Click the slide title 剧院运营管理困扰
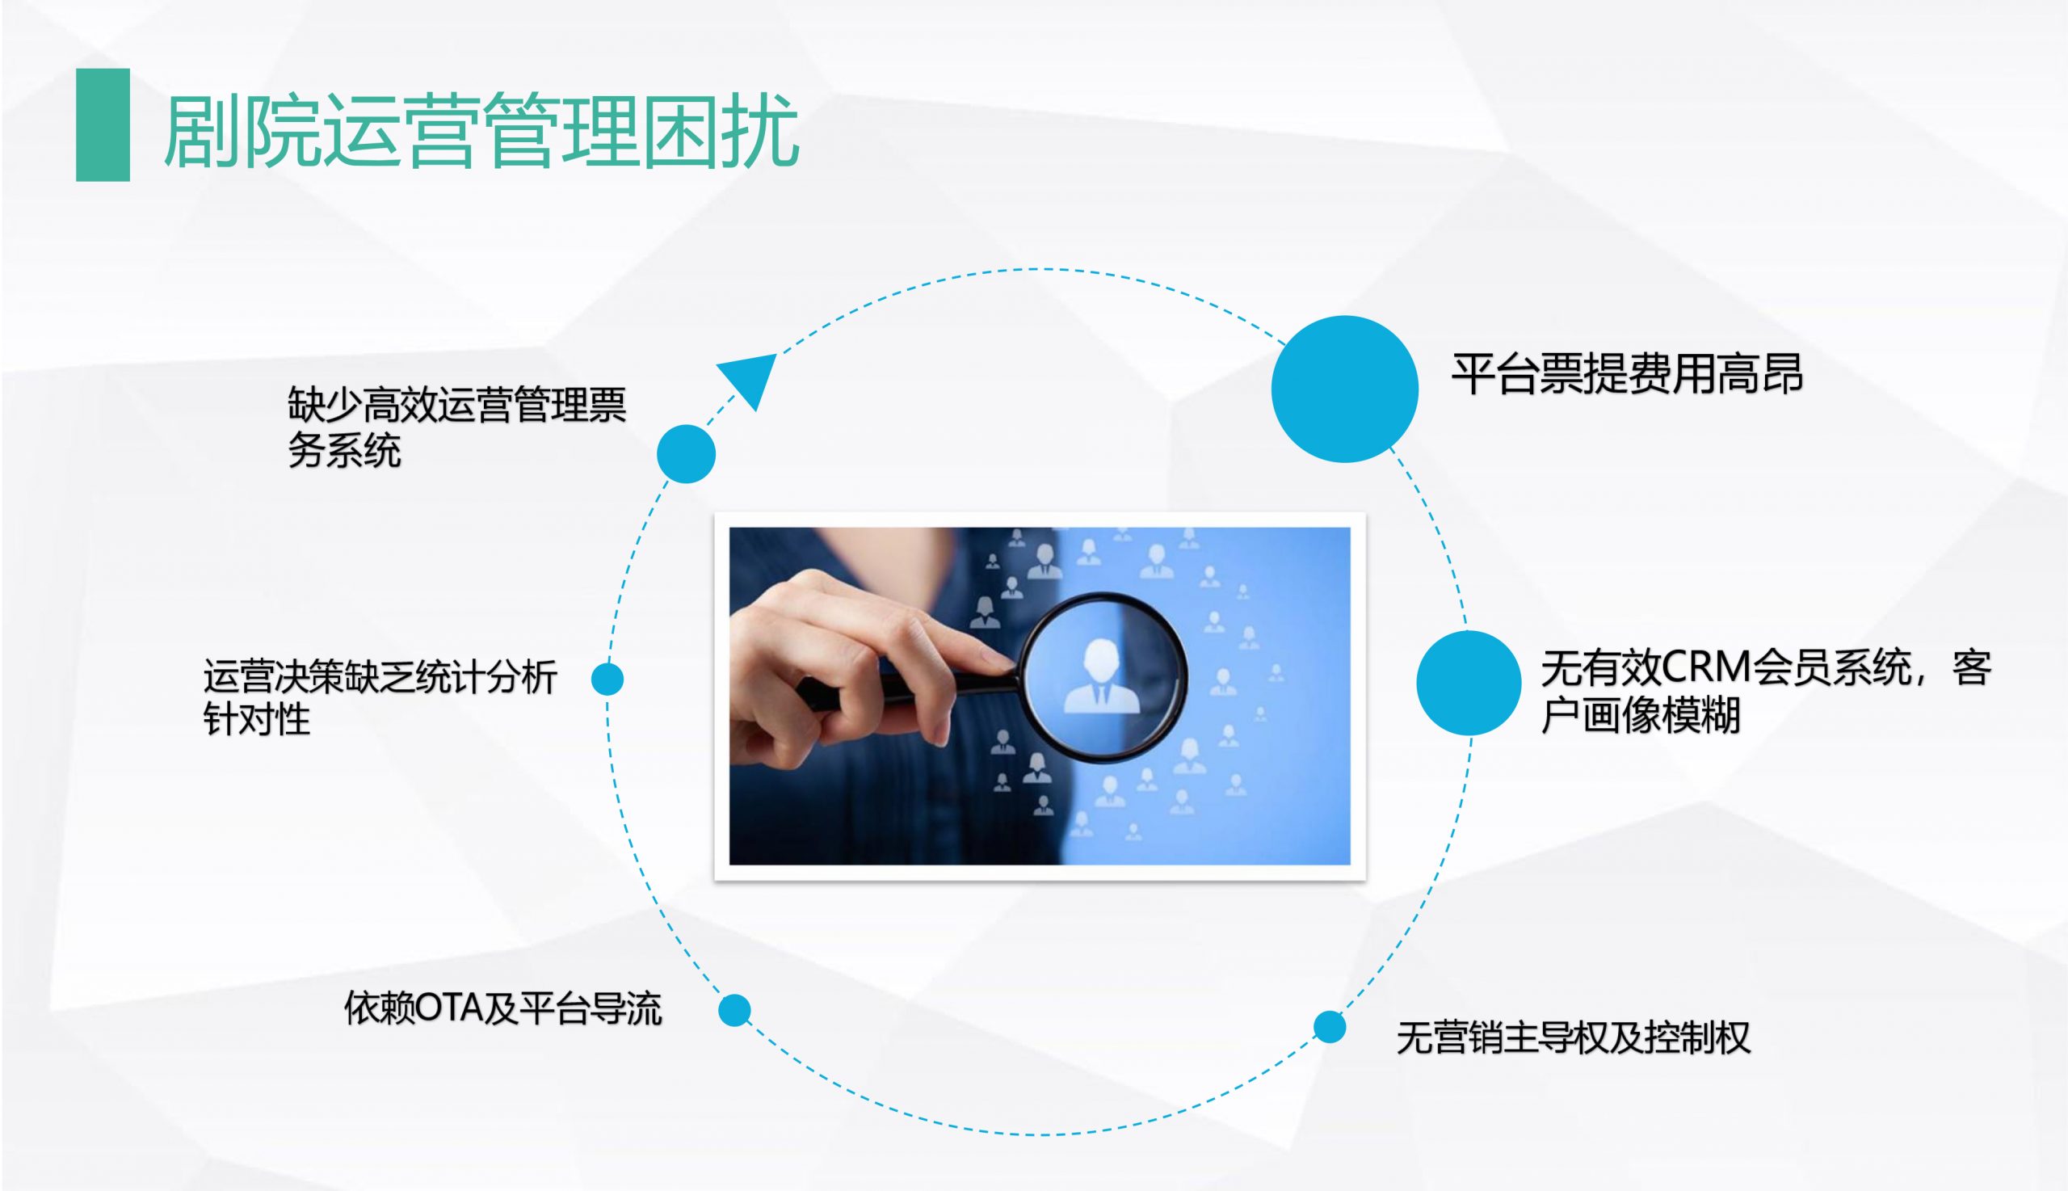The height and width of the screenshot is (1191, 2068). [481, 132]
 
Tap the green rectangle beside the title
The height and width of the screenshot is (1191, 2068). [103, 124]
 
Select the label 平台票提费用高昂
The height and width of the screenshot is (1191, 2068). [1627, 375]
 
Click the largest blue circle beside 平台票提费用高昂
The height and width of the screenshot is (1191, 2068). [1344, 389]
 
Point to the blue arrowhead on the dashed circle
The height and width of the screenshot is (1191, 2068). [749, 378]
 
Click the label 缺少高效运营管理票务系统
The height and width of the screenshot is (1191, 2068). [456, 427]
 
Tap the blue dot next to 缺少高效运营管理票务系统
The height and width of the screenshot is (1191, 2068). [686, 453]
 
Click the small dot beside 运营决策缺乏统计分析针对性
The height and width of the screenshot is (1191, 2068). [607, 679]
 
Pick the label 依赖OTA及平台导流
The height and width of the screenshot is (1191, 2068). [503, 1008]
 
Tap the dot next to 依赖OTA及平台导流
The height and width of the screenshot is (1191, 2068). [734, 1010]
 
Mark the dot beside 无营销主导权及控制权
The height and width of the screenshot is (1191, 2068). [1330, 1027]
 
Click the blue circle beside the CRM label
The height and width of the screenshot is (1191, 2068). [1469, 683]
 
